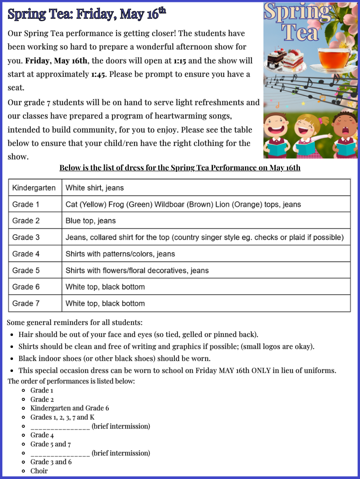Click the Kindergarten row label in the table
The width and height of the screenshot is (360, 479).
[x=34, y=188]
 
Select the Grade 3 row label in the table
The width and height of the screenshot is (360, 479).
[x=26, y=237]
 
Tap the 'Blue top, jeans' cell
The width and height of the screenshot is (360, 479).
[x=91, y=221]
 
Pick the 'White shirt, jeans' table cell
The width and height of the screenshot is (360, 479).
[x=95, y=188]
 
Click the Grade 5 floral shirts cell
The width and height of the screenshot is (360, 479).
[x=137, y=270]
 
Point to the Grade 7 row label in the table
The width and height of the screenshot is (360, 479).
[x=26, y=303]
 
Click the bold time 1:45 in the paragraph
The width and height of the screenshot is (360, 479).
[x=99, y=74]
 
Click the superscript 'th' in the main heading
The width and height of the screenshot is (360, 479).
[x=162, y=11]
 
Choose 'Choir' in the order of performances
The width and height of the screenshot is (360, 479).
[x=39, y=471]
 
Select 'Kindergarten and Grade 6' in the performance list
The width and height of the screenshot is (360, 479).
[x=70, y=408]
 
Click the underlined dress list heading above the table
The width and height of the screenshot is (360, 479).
[x=180, y=168]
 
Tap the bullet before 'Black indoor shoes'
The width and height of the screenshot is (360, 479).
[x=12, y=359]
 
